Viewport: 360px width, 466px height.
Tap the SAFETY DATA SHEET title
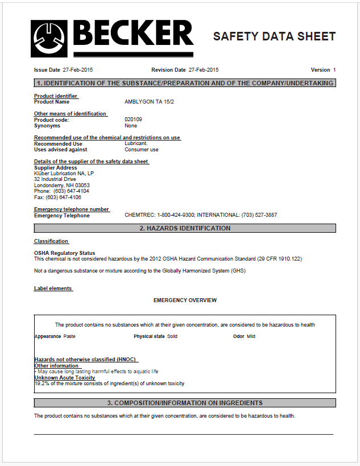(274, 36)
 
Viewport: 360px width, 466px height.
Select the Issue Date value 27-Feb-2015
(78, 70)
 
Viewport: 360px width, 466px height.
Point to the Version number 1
(334, 70)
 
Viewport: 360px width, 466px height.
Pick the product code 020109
(133, 119)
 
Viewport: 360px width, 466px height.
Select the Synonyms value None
(131, 126)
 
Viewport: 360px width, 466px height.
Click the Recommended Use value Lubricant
(136, 144)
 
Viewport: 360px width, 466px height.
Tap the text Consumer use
(142, 150)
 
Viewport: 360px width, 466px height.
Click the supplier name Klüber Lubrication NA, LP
(64, 174)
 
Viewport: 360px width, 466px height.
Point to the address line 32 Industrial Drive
(55, 179)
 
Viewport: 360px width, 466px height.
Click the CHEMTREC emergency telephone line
(201, 216)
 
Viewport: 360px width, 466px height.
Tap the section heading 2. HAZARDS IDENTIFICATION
(185, 228)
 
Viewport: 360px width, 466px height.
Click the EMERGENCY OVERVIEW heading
(185, 300)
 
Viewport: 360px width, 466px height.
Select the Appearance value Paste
(69, 336)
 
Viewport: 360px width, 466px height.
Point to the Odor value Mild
(251, 336)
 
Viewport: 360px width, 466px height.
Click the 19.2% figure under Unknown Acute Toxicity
(40, 383)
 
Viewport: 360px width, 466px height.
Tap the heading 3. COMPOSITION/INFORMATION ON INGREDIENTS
(185, 403)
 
